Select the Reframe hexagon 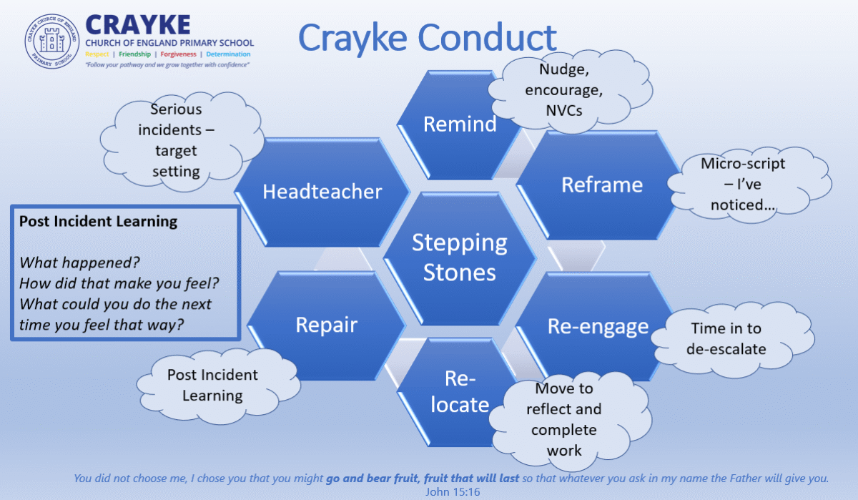click(601, 185)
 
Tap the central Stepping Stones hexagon click(459, 257)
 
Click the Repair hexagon click(326, 325)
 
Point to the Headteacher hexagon click(322, 192)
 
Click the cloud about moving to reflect click(564, 419)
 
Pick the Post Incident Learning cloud click(212, 385)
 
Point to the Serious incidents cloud click(175, 140)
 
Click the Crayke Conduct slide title click(427, 37)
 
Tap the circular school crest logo click(52, 41)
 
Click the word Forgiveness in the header click(178, 54)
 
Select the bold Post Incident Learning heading click(98, 222)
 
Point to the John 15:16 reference click(452, 491)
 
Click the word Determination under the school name click(228, 54)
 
